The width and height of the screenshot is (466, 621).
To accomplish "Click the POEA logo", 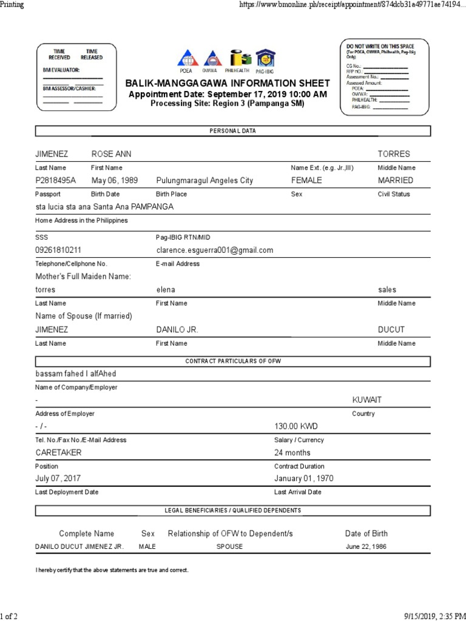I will click(186, 58).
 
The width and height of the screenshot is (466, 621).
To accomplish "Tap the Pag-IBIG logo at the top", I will click(265, 58).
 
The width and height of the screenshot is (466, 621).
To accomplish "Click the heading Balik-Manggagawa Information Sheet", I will click(228, 83).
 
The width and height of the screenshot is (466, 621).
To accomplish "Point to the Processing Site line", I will click(228, 103).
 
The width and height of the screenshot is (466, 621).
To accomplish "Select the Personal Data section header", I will click(233, 131).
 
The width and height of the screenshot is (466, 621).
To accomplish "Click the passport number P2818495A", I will click(56, 181).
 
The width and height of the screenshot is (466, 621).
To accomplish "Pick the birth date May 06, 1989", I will click(115, 181).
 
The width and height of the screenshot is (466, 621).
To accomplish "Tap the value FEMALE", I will click(306, 181).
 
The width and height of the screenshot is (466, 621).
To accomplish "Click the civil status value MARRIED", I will click(395, 181).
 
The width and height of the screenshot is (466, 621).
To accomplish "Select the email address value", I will click(215, 250).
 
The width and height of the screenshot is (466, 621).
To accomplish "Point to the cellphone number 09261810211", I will click(59, 250).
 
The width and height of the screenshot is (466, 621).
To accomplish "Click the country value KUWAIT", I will click(367, 400).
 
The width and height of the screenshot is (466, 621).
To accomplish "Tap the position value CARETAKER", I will click(59, 452).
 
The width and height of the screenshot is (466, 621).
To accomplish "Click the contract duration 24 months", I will click(292, 452).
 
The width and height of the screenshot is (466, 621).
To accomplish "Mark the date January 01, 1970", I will click(304, 478).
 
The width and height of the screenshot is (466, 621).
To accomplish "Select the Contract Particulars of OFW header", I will click(233, 361).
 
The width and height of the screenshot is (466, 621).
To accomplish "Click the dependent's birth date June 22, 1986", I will click(366, 546).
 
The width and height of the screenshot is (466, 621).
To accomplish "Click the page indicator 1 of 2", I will click(9, 616).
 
